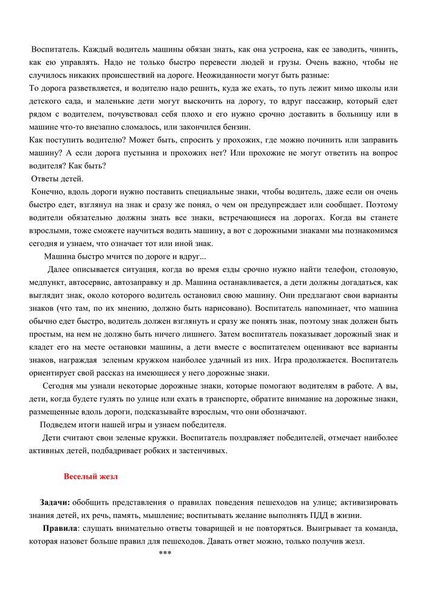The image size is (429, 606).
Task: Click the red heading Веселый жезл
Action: point(91,477)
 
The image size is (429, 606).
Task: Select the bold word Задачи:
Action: point(55,502)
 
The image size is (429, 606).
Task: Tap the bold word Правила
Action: point(59,528)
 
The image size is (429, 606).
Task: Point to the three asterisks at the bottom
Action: point(164,554)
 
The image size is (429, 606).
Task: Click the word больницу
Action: point(355,114)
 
